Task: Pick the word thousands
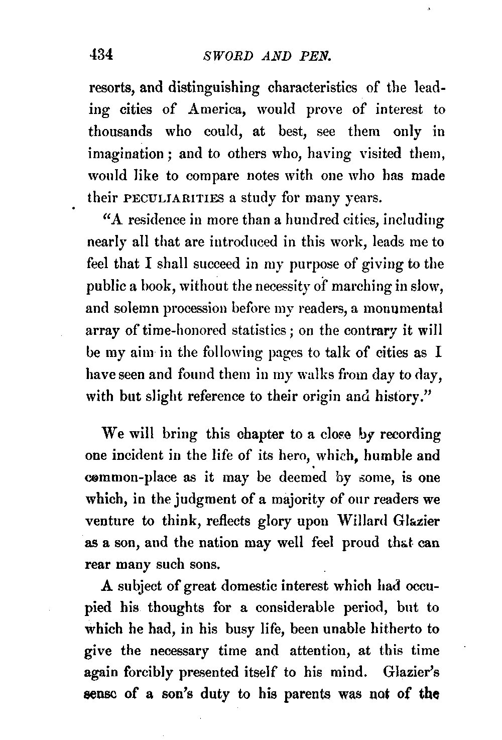pos(120,132)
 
